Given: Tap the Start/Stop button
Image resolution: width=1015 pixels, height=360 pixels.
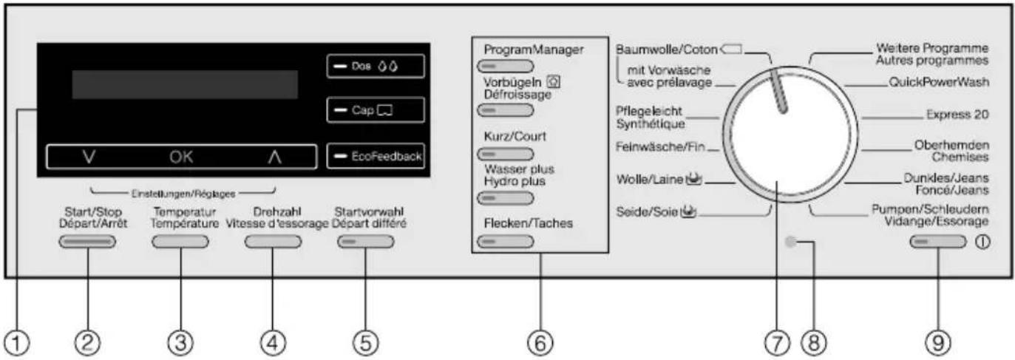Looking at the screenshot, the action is coord(87,242).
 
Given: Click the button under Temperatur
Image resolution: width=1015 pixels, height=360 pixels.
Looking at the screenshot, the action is coord(180,242).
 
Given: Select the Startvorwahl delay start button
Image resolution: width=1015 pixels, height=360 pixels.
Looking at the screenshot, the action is coord(366,242).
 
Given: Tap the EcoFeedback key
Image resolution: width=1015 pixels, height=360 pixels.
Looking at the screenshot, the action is coord(376,156).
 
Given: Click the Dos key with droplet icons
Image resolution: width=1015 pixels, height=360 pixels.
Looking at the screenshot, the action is coord(376,66).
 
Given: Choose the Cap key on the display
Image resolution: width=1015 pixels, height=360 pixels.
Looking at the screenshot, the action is coord(376,110).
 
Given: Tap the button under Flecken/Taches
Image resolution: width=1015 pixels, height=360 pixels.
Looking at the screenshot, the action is coord(505,242).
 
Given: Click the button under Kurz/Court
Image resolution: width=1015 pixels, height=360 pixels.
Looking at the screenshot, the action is coord(505,154).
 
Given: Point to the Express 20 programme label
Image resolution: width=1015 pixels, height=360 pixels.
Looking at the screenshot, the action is coord(957,115).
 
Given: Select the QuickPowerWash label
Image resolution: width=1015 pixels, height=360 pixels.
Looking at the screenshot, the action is coord(938,82).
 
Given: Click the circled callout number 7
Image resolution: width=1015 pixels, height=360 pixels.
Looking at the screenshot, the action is coord(777,343).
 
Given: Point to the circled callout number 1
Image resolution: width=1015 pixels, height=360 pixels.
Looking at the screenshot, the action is coord(17,343).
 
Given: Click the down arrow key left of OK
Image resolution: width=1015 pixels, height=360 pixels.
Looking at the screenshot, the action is coord(89,157).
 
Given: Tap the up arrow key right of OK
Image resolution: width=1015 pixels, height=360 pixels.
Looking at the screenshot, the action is coord(274,157).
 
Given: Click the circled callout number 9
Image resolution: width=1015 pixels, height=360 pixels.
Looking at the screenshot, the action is coord(937,343).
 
